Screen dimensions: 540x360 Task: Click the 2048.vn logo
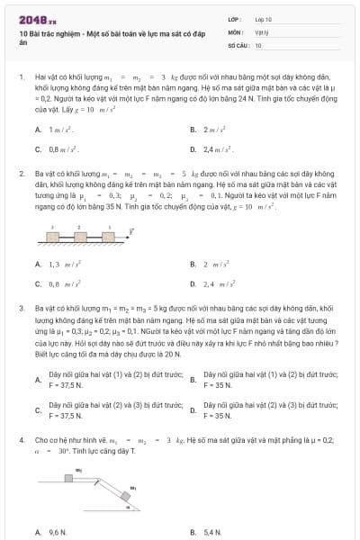(x=34, y=18)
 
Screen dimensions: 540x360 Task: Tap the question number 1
(x=21, y=78)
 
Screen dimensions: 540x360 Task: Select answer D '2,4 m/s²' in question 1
(x=217, y=148)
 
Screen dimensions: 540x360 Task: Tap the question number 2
(x=21, y=173)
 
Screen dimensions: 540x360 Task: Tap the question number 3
(x=21, y=308)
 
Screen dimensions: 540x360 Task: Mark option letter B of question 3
(x=193, y=380)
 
